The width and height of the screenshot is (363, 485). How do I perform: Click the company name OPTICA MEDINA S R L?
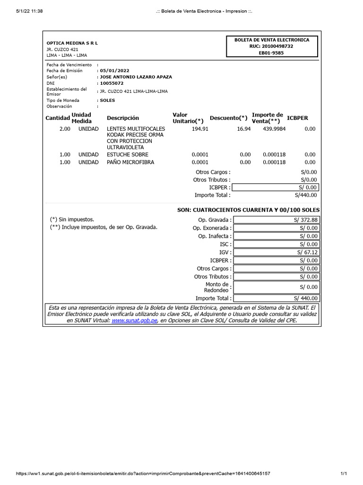72,43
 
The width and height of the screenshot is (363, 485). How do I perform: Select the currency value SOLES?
107,100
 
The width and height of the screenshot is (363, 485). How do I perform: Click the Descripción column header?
123,118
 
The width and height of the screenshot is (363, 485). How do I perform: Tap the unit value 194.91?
200,129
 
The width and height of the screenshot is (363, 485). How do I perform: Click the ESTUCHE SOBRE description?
128,154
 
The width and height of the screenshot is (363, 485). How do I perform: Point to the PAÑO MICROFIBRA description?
130,162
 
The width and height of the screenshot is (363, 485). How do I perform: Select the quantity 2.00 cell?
65,129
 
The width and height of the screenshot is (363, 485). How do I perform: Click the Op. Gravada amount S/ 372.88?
277,220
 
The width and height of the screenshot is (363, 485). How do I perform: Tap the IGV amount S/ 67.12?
277,252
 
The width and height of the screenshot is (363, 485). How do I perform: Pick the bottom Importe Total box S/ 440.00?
277,298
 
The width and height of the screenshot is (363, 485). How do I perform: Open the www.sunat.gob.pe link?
134,321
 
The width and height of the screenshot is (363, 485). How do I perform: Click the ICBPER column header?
297,118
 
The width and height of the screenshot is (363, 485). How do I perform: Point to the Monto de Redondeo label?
216,287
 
